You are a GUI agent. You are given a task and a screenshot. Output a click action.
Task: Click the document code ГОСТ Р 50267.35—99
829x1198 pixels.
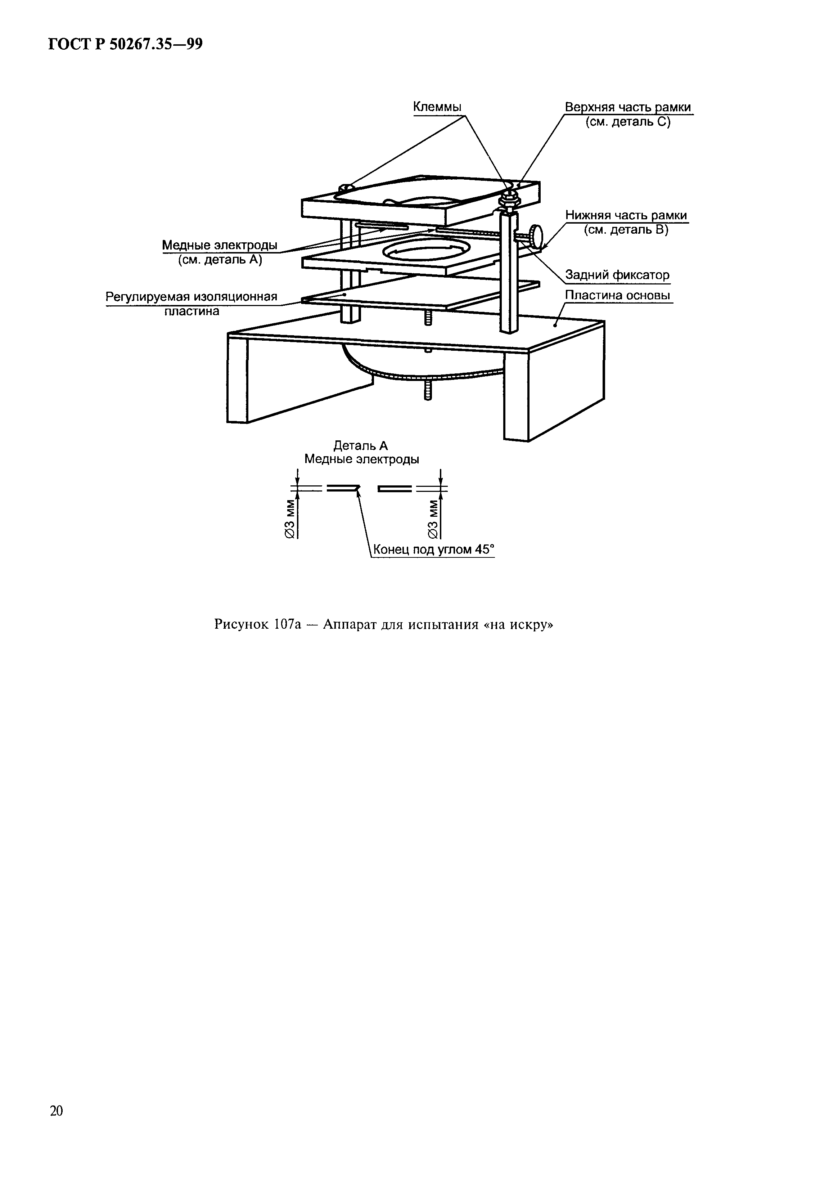125,45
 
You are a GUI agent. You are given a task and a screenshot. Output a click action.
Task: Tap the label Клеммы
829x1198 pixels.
437,107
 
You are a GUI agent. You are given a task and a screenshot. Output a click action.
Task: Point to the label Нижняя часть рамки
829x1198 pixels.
626,215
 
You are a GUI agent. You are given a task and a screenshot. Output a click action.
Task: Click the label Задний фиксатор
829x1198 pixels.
617,275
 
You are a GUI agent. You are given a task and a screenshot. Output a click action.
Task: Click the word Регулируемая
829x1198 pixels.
148,297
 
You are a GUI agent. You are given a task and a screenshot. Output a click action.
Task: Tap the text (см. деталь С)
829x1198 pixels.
628,122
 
